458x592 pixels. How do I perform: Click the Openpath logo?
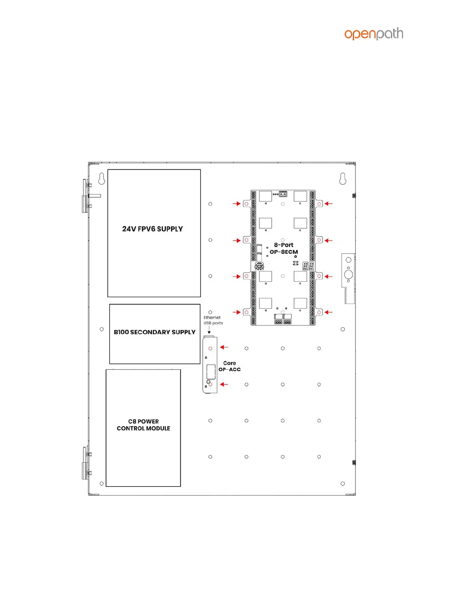click(x=373, y=34)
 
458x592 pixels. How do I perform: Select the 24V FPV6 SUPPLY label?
click(x=153, y=229)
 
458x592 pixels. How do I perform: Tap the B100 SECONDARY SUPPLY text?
click(x=155, y=332)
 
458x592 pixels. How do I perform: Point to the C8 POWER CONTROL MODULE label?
click(x=143, y=425)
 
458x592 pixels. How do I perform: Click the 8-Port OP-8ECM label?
click(x=284, y=249)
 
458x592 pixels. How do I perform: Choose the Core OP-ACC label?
click(x=229, y=366)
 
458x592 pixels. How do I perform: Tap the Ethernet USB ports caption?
click(x=213, y=320)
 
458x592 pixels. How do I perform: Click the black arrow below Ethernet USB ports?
click(x=209, y=330)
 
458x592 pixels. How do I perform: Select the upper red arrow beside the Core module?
click(x=224, y=347)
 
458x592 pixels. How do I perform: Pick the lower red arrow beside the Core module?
click(x=224, y=385)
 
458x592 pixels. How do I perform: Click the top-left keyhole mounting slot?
click(x=102, y=178)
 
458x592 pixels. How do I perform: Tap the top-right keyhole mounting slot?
click(x=343, y=178)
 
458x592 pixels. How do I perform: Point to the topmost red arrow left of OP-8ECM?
click(x=236, y=204)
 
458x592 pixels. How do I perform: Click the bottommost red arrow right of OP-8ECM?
click(x=329, y=312)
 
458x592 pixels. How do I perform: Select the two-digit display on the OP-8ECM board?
click(x=308, y=266)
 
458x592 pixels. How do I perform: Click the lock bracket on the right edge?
click(x=348, y=278)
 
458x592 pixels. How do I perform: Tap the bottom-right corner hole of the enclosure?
click(x=343, y=484)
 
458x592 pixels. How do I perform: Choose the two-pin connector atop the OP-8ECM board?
click(x=283, y=194)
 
